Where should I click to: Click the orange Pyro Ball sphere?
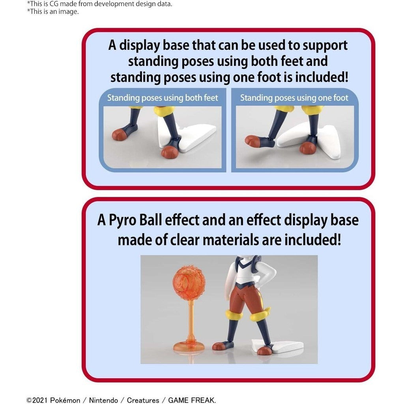[189, 282]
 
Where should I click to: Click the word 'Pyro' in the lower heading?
[122, 221]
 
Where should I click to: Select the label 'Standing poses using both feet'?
[163, 98]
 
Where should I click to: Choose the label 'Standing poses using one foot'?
[294, 98]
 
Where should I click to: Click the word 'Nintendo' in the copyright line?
[103, 400]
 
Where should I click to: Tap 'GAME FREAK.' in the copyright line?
[192, 400]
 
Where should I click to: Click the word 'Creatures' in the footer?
[143, 400]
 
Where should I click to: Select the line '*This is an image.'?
[53, 11]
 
